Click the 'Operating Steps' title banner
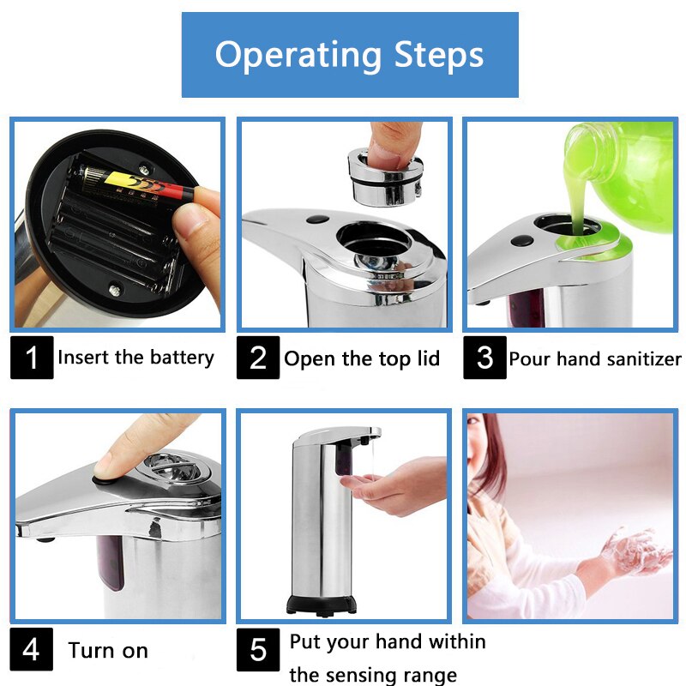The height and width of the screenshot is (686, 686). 350,55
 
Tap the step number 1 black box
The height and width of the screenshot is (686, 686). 32,358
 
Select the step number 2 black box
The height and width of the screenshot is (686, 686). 258,358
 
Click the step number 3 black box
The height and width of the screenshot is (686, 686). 484,358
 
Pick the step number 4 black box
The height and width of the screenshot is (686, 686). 32,649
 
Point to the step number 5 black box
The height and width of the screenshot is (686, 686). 258,649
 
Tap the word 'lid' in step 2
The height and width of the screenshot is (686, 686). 425,358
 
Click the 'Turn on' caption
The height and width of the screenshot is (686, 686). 108,651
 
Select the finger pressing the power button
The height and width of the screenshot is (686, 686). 129,450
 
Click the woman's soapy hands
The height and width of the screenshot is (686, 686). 626,549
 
